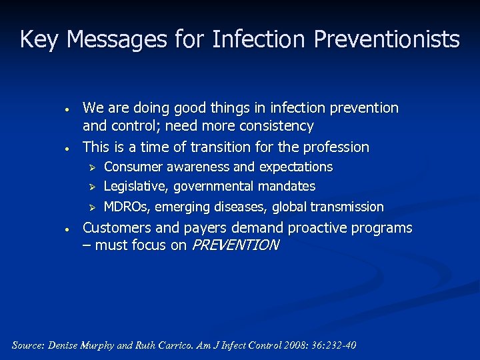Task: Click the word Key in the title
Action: [x=40, y=40]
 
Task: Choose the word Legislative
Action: [x=135, y=187]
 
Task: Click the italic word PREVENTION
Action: [x=235, y=245]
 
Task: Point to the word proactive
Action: [x=318, y=228]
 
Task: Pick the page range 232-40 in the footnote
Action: [x=339, y=345]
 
